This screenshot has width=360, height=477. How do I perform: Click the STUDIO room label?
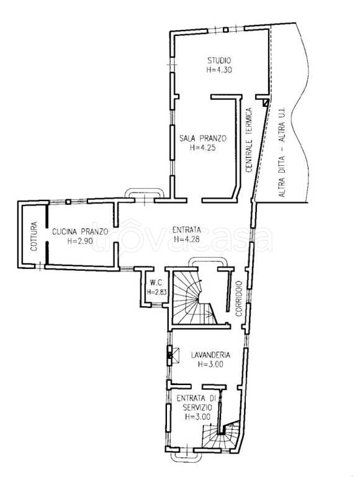219,60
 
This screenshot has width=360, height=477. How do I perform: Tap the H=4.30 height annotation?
219,70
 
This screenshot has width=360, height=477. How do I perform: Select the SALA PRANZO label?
203,139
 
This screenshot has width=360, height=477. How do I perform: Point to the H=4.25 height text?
203,148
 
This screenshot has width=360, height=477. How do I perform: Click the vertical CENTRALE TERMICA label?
249,140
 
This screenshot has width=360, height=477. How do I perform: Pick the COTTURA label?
34,237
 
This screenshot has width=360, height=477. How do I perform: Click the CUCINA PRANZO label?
80,232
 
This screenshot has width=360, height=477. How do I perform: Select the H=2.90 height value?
80,241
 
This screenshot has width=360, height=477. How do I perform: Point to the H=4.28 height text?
186,238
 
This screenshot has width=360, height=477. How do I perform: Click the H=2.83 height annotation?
156,292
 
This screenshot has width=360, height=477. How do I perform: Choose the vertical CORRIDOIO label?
239,298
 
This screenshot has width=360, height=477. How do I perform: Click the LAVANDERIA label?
210,355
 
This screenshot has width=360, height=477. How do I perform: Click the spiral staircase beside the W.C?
194,298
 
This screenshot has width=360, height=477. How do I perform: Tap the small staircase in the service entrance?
221,434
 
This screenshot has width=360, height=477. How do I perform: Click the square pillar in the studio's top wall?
225,30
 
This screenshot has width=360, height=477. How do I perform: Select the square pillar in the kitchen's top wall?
68,201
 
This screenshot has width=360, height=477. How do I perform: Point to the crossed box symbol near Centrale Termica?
266,103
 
